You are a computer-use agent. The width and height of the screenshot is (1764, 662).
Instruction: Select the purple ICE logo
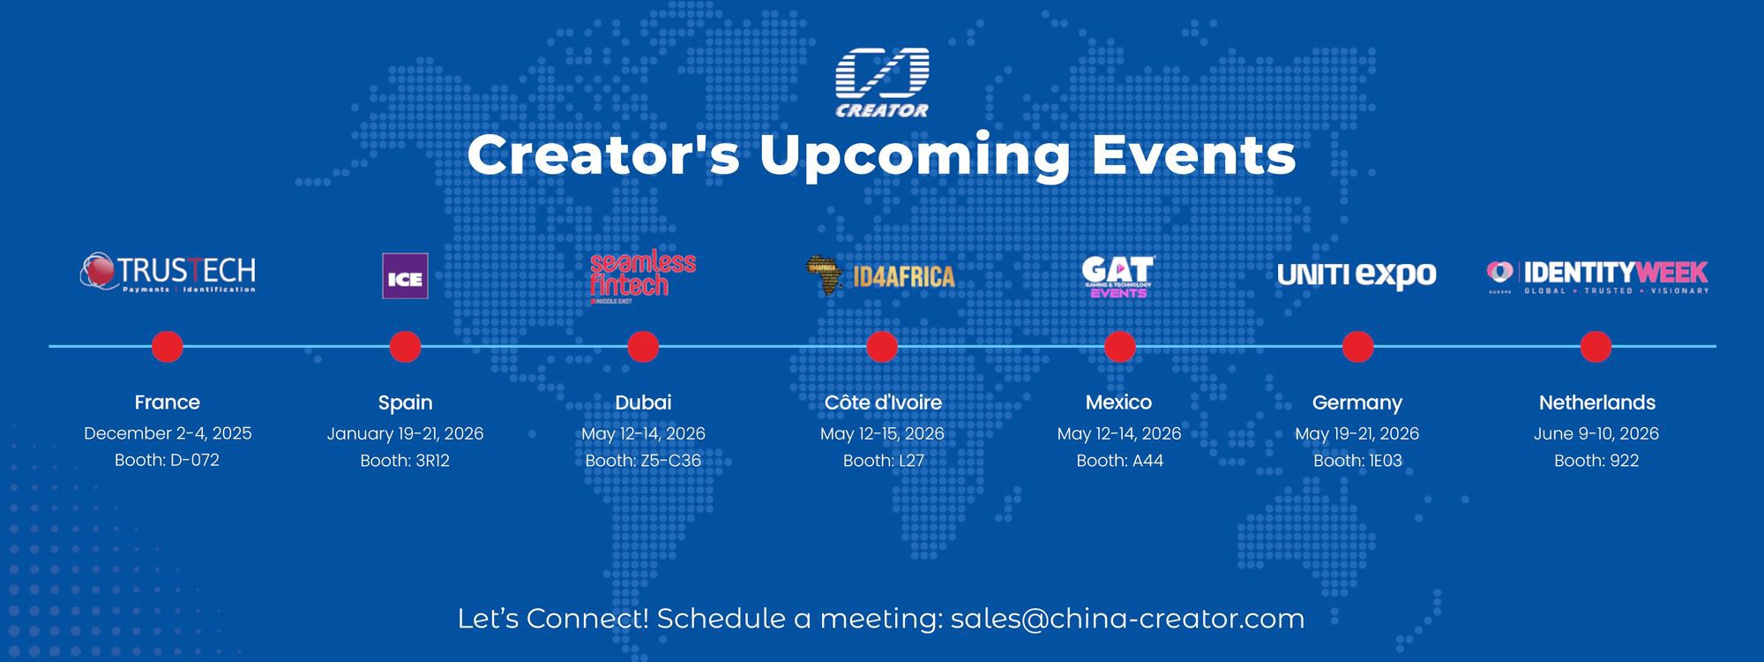tap(405, 276)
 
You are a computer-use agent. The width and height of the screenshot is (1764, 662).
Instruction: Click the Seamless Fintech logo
tap(642, 277)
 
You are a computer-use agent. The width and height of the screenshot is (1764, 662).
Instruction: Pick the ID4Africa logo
tap(880, 275)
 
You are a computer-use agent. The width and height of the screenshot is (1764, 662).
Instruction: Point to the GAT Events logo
tap(1117, 276)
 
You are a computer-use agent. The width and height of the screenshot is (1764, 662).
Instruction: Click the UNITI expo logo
tap(1357, 275)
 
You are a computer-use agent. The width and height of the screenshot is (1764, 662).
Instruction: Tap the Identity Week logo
tap(1597, 276)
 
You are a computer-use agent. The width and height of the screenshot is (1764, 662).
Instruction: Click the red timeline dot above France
tap(168, 346)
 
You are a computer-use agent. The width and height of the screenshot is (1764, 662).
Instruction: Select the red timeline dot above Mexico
tap(1119, 346)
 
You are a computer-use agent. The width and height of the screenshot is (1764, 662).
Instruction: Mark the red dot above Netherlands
tap(1596, 346)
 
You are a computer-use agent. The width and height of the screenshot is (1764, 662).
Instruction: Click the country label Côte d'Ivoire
tap(882, 402)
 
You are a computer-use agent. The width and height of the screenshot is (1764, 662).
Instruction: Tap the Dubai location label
tap(643, 402)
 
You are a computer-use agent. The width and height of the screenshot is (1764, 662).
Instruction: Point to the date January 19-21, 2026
tap(405, 433)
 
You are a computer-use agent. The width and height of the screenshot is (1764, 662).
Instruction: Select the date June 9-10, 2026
tap(1596, 433)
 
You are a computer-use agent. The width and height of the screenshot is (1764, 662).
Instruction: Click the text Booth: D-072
tap(167, 460)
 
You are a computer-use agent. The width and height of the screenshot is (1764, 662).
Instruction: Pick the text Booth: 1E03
tap(1357, 460)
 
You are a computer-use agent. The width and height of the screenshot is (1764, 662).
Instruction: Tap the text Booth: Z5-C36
tap(643, 460)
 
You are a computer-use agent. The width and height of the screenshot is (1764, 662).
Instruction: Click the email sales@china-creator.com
tap(1127, 619)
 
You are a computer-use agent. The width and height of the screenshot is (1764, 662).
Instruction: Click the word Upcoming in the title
tap(915, 155)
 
